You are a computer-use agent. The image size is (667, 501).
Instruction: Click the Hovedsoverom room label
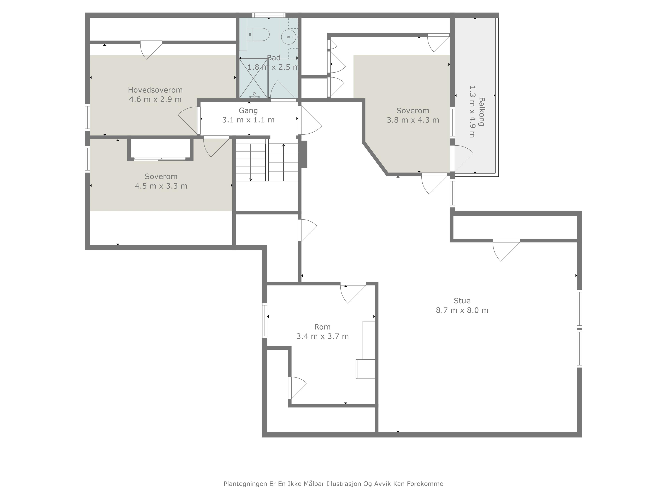click(x=155, y=90)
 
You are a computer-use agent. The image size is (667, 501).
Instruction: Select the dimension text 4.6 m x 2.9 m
click(x=155, y=99)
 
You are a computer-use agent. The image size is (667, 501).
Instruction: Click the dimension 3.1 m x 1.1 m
click(x=248, y=120)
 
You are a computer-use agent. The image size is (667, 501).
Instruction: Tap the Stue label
click(x=462, y=301)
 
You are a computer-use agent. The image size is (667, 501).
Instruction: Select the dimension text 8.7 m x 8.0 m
click(x=462, y=310)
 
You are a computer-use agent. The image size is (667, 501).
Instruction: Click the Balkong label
click(x=481, y=112)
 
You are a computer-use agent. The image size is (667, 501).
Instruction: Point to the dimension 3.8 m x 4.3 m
click(x=413, y=120)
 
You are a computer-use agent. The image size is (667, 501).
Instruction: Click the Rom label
click(x=322, y=327)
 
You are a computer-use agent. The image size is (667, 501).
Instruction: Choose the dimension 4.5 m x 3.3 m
click(x=161, y=186)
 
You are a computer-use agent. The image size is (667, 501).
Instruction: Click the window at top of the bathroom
click(x=269, y=15)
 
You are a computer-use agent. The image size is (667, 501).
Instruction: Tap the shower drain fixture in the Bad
click(x=254, y=96)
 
